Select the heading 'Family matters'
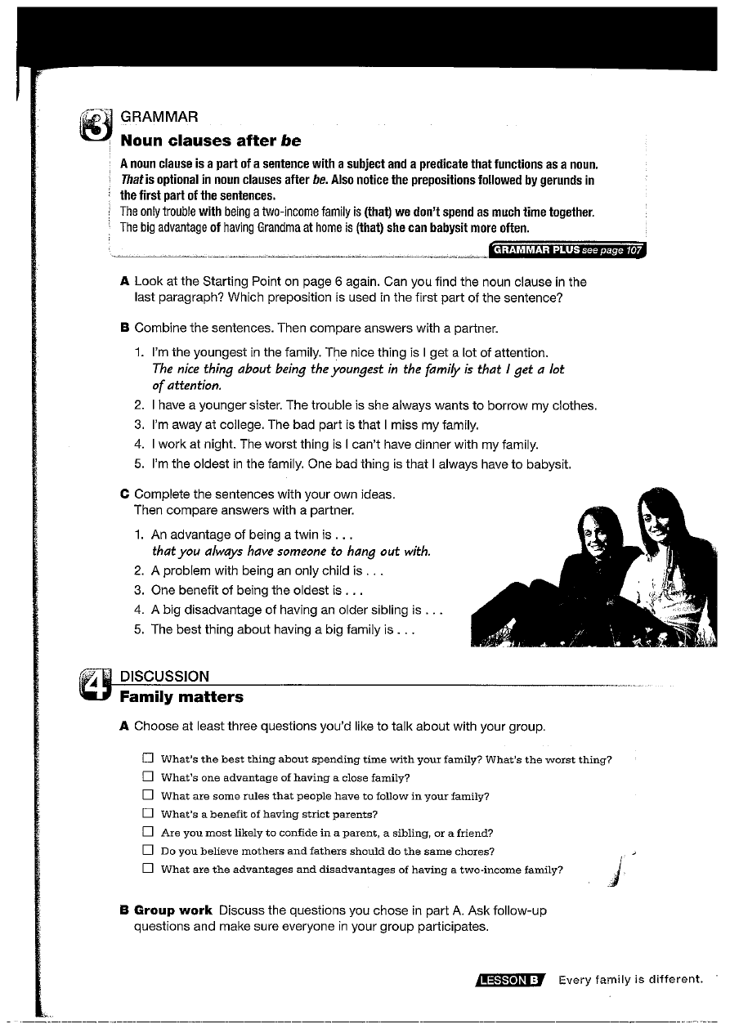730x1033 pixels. point(181,697)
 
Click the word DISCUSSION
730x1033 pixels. point(164,676)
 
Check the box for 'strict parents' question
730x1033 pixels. point(148,814)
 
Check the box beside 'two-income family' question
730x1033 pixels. point(148,870)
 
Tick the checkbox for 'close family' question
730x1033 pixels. point(148,777)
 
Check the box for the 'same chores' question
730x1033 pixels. point(148,851)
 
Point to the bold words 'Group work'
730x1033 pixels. point(173,910)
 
